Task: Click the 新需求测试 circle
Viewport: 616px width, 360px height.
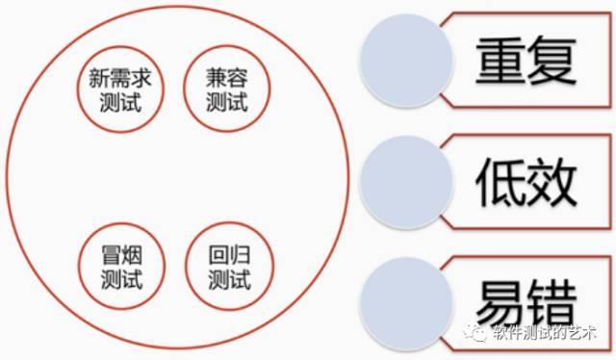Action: point(120,90)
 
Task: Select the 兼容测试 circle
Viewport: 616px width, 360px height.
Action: point(228,90)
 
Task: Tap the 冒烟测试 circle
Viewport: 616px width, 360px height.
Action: point(120,269)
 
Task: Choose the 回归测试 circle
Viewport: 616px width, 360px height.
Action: point(228,269)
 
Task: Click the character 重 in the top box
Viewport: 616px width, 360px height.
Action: point(500,63)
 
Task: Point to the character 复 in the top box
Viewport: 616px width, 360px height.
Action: point(552,63)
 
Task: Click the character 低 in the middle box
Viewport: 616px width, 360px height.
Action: point(500,180)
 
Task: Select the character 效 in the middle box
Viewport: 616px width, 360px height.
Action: point(552,180)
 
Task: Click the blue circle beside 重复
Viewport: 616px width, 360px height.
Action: point(404,61)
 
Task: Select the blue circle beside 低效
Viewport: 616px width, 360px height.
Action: point(404,179)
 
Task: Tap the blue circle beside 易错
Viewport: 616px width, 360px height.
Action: point(404,297)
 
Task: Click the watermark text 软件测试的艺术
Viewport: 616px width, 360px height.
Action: point(544,334)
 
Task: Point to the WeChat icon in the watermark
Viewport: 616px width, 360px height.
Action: point(477,334)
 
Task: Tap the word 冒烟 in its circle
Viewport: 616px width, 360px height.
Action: point(120,258)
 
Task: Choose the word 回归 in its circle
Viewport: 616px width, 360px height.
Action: point(228,258)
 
